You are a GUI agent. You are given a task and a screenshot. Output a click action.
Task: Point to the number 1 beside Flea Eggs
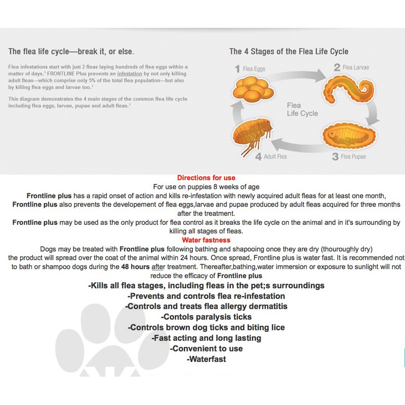(237, 68)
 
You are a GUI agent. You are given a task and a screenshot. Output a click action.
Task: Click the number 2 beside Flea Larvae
(337, 67)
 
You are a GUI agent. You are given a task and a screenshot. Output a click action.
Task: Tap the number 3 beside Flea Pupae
(335, 156)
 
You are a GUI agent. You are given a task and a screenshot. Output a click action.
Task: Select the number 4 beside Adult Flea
(258, 156)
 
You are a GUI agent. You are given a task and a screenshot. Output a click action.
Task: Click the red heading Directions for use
(206, 178)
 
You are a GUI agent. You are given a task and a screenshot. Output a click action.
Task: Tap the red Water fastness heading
(206, 240)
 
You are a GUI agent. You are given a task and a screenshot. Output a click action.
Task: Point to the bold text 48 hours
(134, 266)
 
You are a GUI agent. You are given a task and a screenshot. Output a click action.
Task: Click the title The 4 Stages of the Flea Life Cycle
(289, 52)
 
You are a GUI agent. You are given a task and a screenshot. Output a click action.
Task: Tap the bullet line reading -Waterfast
(206, 359)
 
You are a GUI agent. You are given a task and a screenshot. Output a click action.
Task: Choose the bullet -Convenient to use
(206, 349)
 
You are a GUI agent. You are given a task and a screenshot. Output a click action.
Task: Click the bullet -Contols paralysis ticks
(206, 317)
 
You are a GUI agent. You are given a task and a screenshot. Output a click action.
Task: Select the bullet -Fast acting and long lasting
(206, 338)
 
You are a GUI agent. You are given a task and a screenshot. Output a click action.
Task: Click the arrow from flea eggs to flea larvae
(298, 75)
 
